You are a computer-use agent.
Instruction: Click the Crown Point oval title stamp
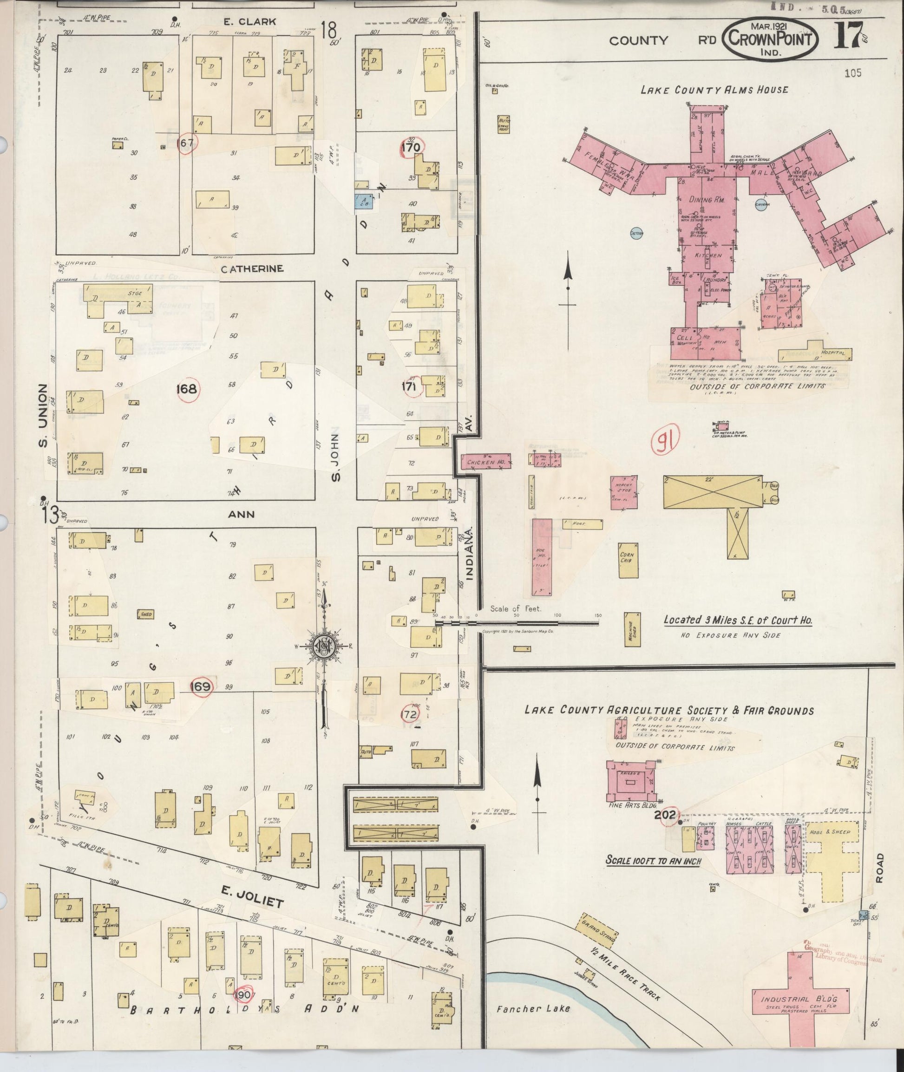pyautogui.click(x=770, y=39)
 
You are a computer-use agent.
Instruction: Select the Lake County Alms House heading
pyautogui.click(x=714, y=90)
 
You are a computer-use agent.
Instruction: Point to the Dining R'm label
pyautogui.click(x=707, y=199)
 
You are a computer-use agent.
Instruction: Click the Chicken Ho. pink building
pyautogui.click(x=486, y=462)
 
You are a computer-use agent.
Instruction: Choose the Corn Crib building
pyautogui.click(x=627, y=561)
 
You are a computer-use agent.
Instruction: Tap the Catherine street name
pyautogui.click(x=252, y=268)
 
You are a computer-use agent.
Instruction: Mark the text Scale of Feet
pyautogui.click(x=516, y=609)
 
